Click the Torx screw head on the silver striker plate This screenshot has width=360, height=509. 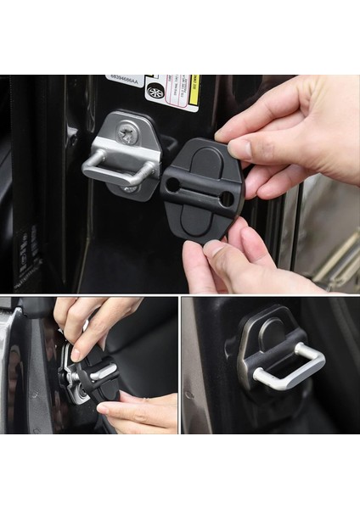click(128, 131)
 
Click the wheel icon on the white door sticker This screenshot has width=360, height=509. click(155, 91)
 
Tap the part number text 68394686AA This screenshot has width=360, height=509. click(125, 81)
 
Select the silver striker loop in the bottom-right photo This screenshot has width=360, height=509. click(289, 370)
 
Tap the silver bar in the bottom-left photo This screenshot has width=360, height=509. click(101, 370)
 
